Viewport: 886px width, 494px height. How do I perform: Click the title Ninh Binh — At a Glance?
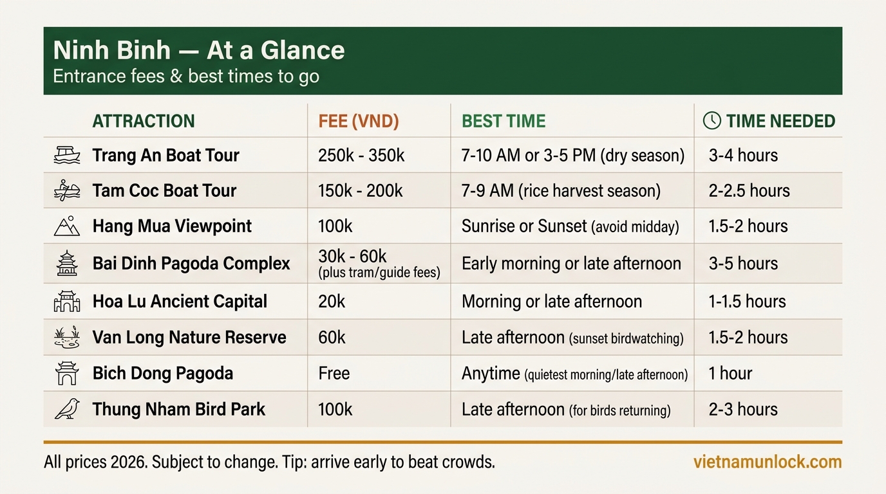[x=198, y=51]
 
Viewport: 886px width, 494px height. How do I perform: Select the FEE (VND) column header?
[x=359, y=121]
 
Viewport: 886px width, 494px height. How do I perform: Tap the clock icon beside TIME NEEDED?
[x=712, y=120]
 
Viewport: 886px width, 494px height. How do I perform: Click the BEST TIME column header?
[x=504, y=121]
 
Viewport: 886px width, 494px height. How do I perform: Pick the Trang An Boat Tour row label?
[x=165, y=155]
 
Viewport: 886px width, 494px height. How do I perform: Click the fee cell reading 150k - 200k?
[x=360, y=190]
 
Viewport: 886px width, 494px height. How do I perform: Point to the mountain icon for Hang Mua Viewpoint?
[x=67, y=226]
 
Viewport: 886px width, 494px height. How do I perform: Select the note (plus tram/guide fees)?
[x=379, y=273]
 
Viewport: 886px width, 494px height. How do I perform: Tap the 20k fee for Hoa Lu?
[x=332, y=301]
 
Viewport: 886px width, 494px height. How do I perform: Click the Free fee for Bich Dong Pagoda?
[x=334, y=373]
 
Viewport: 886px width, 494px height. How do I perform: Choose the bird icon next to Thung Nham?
[x=67, y=409]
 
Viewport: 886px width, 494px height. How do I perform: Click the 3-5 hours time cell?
[x=743, y=263]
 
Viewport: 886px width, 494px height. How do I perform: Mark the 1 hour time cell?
[x=730, y=373]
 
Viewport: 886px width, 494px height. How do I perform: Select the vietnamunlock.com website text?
[x=768, y=462]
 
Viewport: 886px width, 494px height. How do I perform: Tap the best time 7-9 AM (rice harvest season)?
[x=561, y=190]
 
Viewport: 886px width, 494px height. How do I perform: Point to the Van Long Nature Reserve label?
[x=189, y=337]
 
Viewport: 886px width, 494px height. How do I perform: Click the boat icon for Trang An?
[x=67, y=155]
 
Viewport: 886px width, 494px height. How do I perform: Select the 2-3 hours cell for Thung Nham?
[x=743, y=409]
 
